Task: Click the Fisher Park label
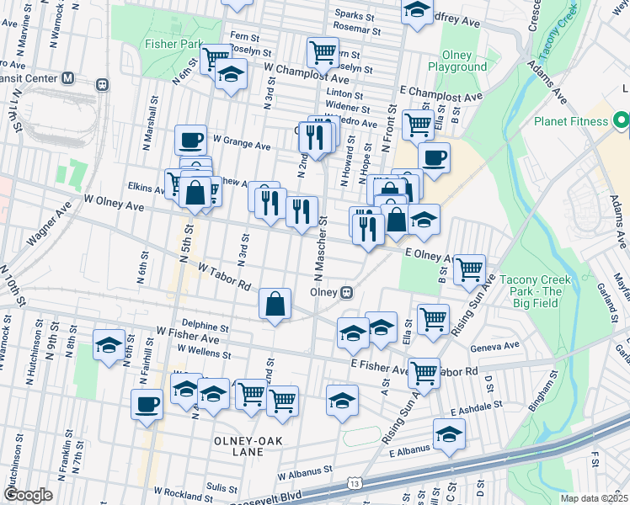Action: click(x=174, y=43)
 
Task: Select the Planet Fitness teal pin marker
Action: click(x=622, y=121)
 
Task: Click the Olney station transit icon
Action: click(x=345, y=292)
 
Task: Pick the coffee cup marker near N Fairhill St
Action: click(x=147, y=403)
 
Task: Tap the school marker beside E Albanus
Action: click(x=449, y=433)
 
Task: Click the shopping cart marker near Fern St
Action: click(x=323, y=51)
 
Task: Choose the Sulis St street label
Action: click(x=222, y=486)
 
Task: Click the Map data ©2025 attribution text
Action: click(x=594, y=498)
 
